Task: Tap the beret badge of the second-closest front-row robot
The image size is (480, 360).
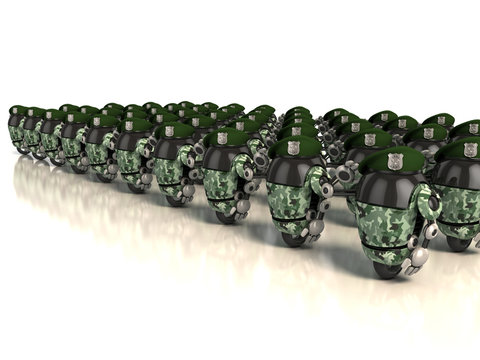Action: (293, 147)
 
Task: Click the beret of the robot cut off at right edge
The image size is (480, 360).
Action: (465, 151)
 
